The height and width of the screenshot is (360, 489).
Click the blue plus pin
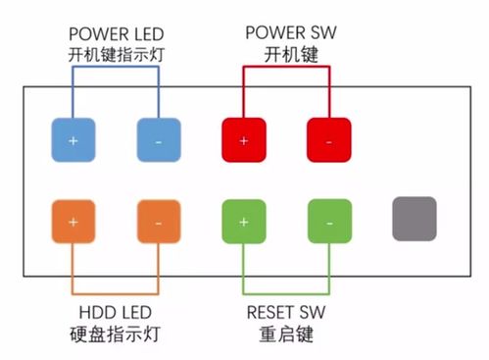[x=73, y=140]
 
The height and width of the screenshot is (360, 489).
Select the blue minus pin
[x=159, y=140]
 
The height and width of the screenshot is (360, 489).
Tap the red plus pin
[x=244, y=140]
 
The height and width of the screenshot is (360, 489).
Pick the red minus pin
[x=328, y=140]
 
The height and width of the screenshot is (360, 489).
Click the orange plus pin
[x=73, y=221]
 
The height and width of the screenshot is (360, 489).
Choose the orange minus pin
[x=159, y=221]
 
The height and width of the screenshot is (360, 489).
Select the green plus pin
[x=244, y=221]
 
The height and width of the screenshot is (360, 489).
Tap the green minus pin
[x=328, y=221]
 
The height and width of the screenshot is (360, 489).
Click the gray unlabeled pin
[x=414, y=219]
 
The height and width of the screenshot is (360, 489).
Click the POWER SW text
[x=286, y=32]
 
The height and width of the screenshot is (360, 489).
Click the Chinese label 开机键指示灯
[x=116, y=54]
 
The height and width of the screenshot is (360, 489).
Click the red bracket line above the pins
[x=286, y=68]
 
